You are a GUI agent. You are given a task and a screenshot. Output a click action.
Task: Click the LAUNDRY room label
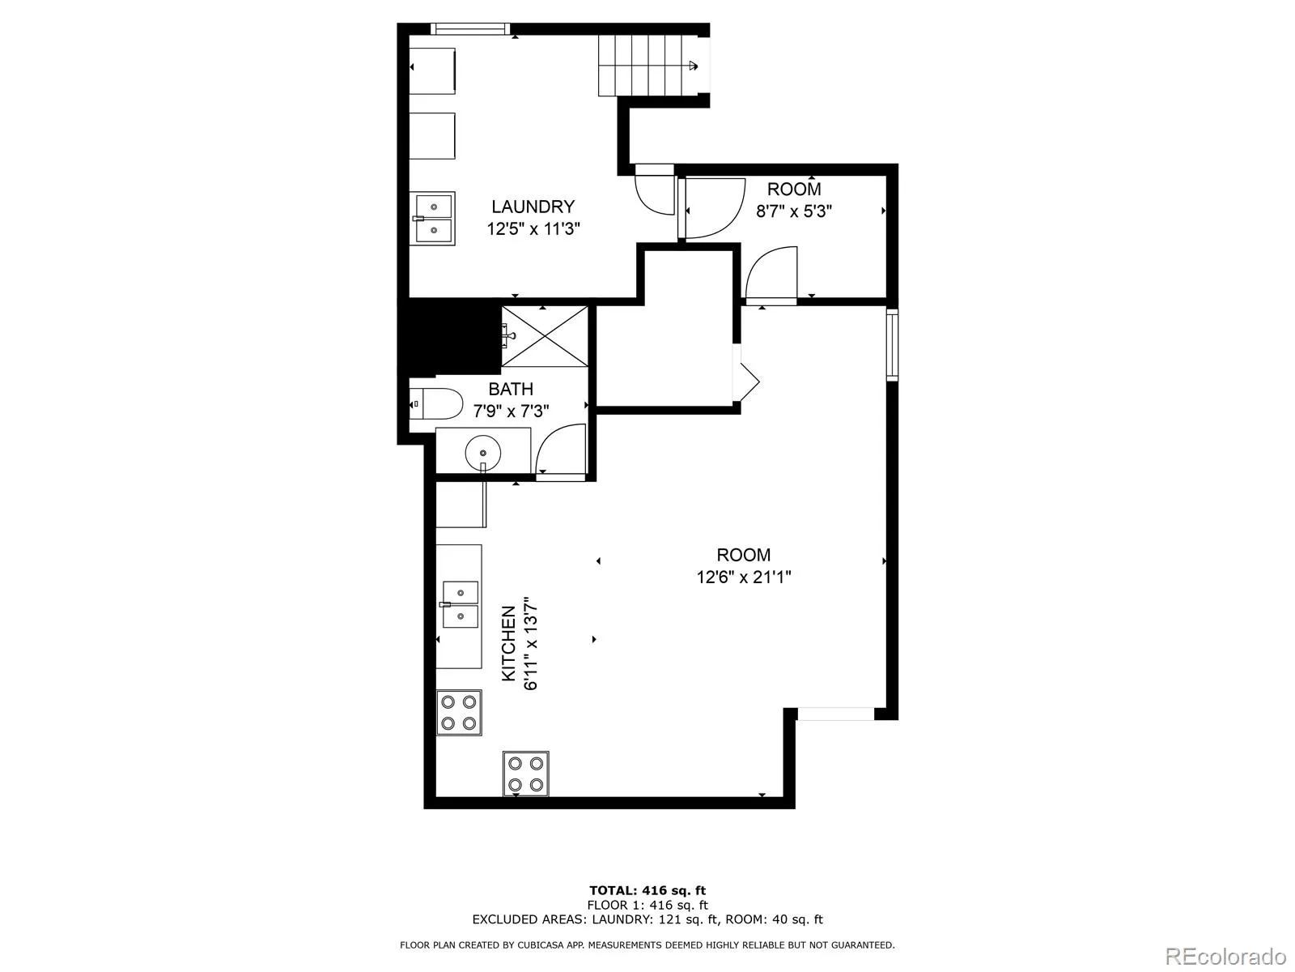click(533, 207)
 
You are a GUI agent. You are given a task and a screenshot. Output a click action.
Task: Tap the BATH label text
click(511, 389)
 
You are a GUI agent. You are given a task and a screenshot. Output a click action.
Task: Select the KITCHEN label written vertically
click(508, 645)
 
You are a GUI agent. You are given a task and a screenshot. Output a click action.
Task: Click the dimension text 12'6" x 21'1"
click(743, 577)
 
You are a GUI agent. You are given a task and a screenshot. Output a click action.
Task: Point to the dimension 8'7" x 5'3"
click(794, 211)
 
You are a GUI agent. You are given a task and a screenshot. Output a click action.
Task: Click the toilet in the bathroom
click(436, 403)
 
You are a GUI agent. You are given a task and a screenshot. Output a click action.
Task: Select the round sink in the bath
click(483, 454)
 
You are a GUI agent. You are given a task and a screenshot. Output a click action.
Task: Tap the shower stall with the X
click(545, 336)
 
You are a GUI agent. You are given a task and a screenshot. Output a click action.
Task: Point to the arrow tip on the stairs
click(698, 66)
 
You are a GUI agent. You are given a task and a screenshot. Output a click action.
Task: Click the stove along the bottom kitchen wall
click(525, 774)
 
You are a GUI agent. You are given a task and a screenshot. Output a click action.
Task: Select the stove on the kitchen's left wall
click(459, 712)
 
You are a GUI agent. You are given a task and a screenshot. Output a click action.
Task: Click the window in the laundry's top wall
click(469, 29)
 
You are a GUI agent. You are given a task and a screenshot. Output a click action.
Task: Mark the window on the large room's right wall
click(892, 345)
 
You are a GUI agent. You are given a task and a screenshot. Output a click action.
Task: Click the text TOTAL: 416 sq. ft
click(647, 890)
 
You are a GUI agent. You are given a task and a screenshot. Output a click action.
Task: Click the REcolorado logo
click(1225, 955)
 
